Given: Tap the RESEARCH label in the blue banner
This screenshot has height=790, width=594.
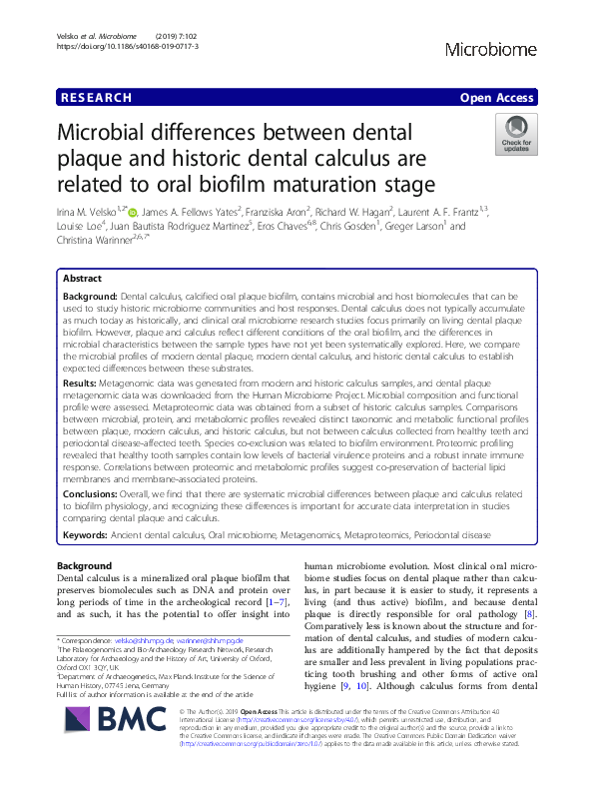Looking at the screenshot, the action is click(x=96, y=97).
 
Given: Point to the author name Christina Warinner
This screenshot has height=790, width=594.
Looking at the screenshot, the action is click(x=89, y=241).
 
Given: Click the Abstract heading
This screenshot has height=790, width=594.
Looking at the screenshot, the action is click(x=82, y=280).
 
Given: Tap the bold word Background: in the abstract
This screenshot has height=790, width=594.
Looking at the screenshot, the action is click(x=90, y=298).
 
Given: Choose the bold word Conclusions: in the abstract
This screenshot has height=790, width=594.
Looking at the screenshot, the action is click(x=93, y=492).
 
